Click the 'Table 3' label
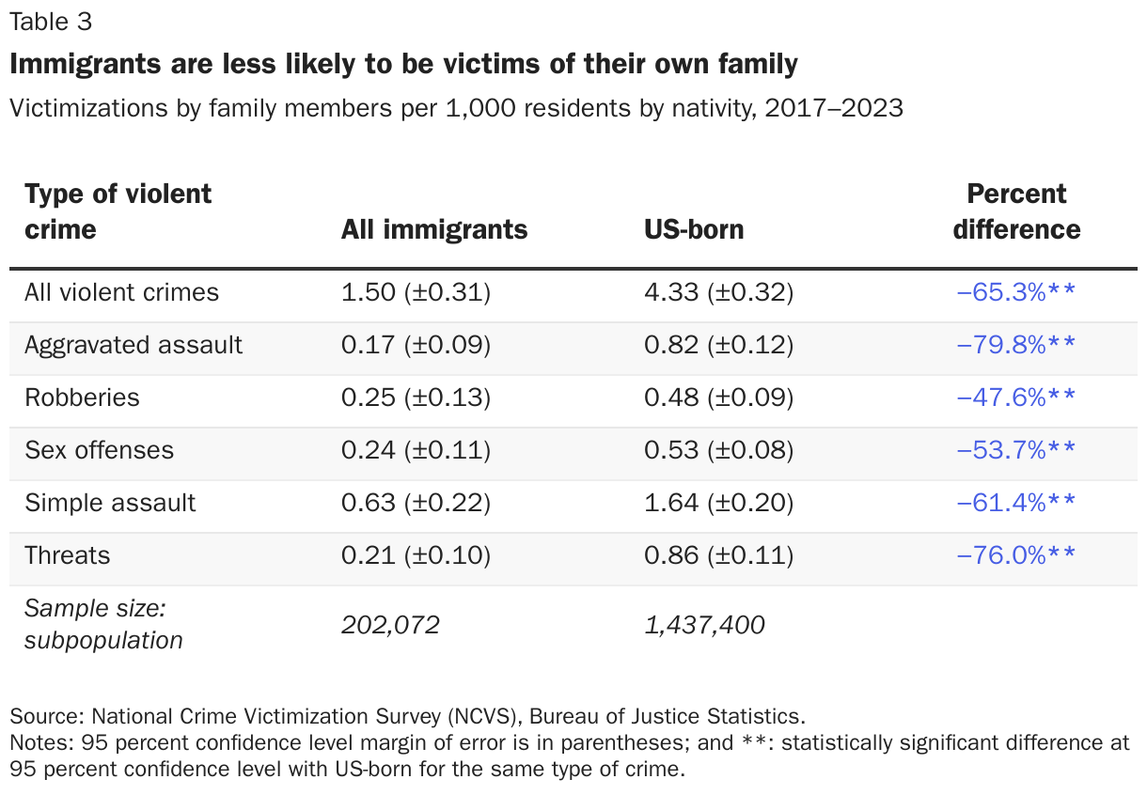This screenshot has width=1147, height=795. (51, 23)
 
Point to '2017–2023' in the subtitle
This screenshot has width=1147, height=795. (834, 108)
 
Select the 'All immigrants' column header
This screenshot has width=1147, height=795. (433, 229)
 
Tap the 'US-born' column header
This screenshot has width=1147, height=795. (694, 229)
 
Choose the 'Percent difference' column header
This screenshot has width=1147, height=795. (1016, 211)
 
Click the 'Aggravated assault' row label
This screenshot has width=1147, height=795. (134, 345)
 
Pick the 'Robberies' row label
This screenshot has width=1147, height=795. (82, 397)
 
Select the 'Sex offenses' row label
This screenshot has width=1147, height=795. (99, 450)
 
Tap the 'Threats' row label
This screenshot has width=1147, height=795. (67, 555)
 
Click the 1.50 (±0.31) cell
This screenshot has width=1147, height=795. (416, 292)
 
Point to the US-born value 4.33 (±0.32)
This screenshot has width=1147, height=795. (718, 292)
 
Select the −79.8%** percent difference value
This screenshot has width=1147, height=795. (1015, 345)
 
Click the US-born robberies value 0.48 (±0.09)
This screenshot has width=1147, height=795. (718, 397)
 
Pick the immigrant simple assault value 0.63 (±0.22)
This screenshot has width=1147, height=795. (416, 503)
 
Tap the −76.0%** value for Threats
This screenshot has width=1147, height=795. (1015, 555)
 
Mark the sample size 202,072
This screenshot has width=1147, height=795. (390, 625)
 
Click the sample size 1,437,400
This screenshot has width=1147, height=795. (704, 625)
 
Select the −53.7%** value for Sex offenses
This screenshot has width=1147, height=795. (1015, 450)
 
